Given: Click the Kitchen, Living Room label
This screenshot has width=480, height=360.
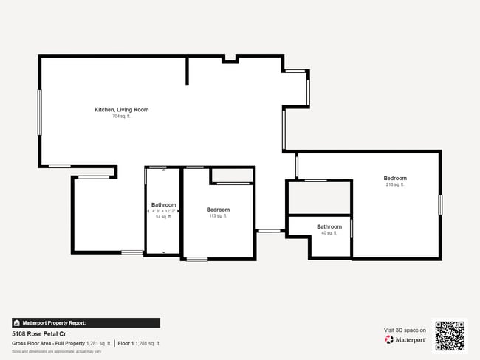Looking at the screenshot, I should pos(121,110).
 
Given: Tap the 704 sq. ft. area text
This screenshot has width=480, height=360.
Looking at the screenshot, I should pos(121,117).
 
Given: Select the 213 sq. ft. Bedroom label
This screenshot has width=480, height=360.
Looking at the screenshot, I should pos(395,178).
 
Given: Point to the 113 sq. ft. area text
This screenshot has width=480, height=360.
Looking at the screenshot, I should pos(218,216).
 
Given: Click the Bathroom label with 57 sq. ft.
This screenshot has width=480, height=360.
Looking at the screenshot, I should pos(163,204).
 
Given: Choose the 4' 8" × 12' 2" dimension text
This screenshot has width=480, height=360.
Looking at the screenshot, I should pos(163,211).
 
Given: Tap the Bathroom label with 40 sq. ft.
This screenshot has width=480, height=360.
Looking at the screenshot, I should pos(329,226).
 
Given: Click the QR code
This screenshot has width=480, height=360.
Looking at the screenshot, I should pos(450,336).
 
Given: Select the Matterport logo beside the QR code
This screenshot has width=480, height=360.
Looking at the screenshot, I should pos(405,340).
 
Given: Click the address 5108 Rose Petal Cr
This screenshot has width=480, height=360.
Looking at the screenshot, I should pos(38,333).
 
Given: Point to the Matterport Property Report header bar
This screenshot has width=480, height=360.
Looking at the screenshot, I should pos(86,322).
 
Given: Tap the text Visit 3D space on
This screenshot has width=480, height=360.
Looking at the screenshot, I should pos(405,330).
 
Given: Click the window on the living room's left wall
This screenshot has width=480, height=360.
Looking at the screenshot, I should pos(40,112).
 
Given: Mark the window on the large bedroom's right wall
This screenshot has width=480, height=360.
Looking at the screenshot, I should pos(440,204).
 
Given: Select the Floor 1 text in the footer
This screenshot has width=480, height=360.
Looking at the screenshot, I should pos(126,343).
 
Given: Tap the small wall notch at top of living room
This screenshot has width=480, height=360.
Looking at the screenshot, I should pos(230,59).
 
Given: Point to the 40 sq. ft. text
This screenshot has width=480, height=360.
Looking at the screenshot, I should pos(329,233).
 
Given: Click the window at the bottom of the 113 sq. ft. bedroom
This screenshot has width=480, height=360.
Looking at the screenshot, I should pos(196,259).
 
